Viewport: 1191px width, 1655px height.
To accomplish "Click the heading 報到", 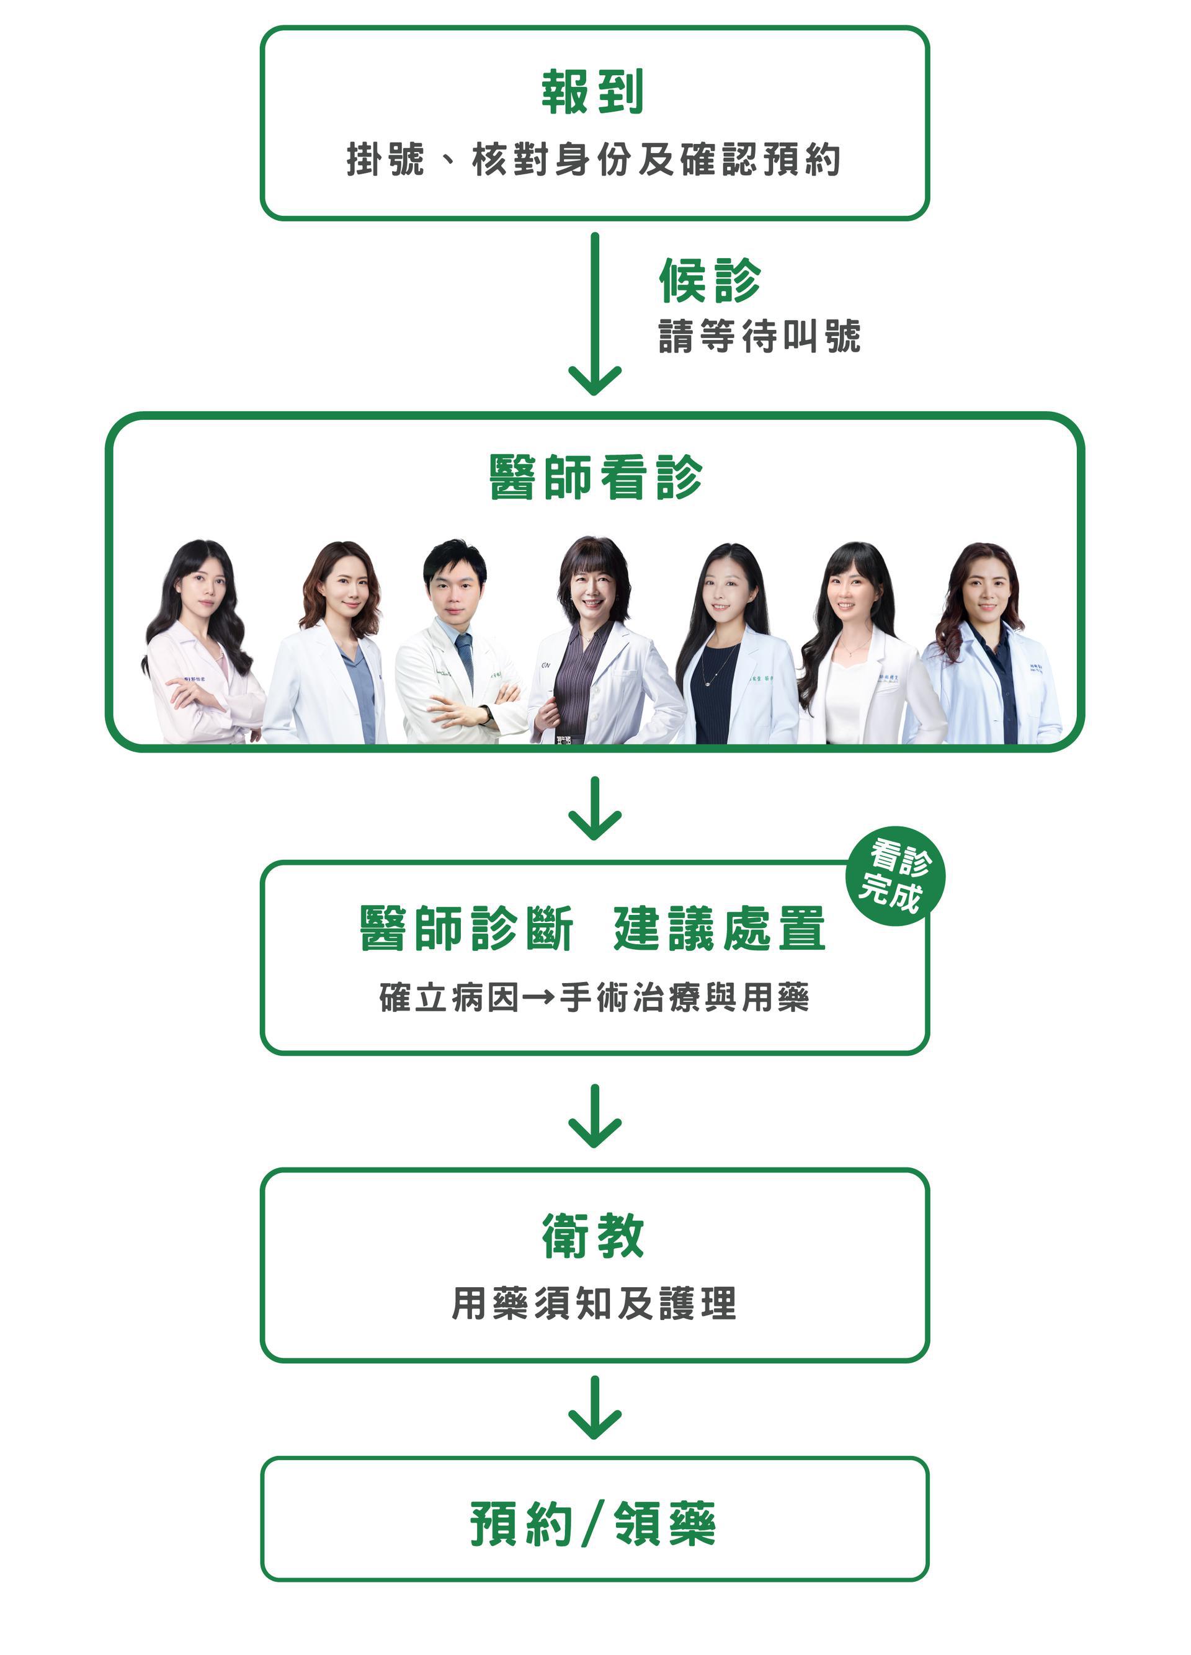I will [x=592, y=92].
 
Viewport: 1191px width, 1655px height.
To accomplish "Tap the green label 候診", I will [x=710, y=280].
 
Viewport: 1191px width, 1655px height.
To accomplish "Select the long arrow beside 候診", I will [x=595, y=314].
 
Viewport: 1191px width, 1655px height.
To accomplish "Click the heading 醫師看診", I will [x=595, y=478].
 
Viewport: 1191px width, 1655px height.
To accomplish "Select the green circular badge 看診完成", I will [x=896, y=876].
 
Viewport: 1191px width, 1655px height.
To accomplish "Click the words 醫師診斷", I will [x=467, y=929].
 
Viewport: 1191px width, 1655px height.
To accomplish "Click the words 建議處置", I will [x=720, y=929].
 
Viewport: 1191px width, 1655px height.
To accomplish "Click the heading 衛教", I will [x=592, y=1236].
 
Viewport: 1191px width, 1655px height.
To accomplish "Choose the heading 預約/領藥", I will [x=592, y=1523].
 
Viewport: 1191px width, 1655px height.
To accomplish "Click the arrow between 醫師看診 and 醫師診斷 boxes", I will [x=595, y=808].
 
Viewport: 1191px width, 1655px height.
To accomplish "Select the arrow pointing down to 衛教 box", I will [x=595, y=1117].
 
